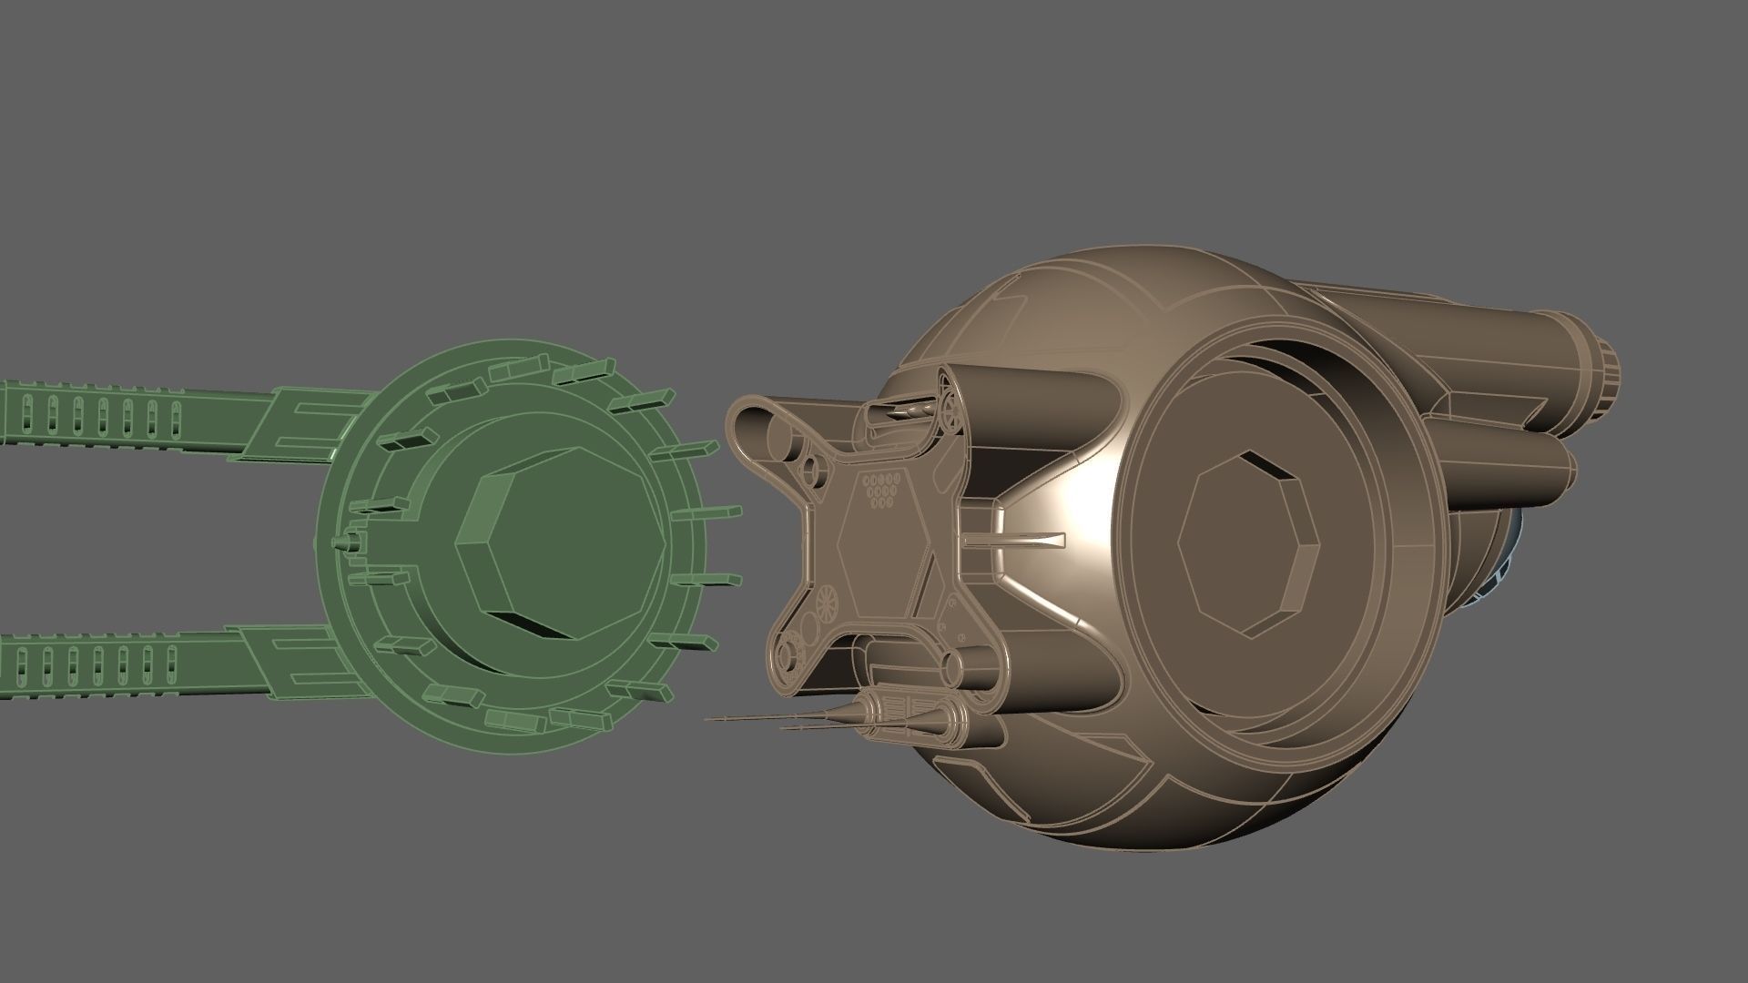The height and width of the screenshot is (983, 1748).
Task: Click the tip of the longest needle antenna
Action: [708, 719]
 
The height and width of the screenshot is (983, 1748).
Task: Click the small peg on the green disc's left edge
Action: [344, 542]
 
